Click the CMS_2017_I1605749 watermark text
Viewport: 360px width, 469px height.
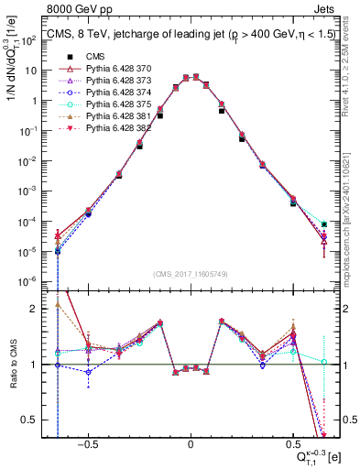coord(191,275)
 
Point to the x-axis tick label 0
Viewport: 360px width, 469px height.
coord(191,442)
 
